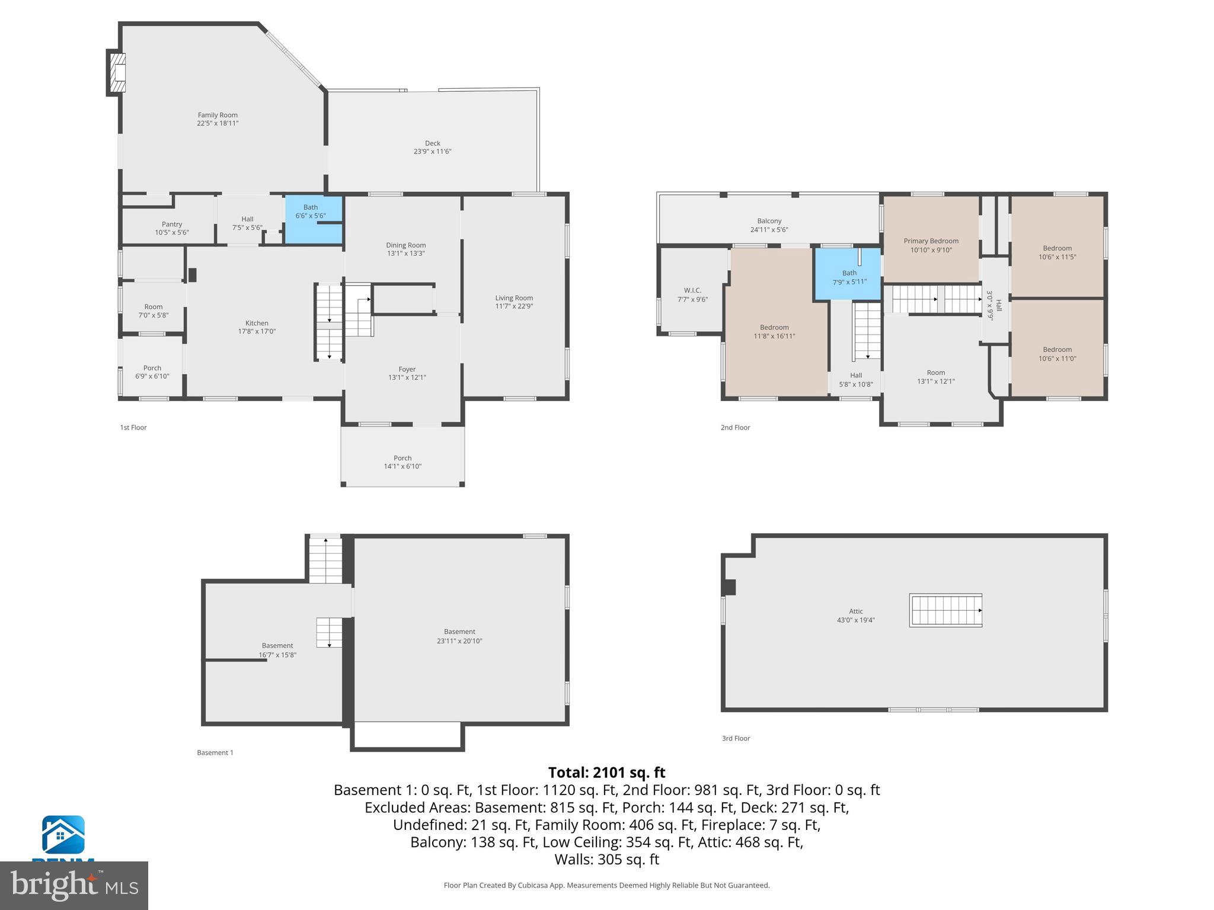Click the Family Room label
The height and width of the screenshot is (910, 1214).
click(218, 116)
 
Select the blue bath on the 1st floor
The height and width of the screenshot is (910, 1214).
click(314, 219)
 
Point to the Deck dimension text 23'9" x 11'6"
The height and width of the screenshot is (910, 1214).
click(432, 152)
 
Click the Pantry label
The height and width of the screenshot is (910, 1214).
click(172, 224)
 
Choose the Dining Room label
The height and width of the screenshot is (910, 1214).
click(405, 245)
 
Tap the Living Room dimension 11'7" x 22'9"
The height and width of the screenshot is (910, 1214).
click(514, 306)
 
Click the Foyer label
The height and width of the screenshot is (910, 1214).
click(407, 369)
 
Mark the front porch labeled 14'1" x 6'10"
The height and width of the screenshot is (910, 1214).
click(402, 462)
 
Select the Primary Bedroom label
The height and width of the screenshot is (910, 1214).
click(931, 241)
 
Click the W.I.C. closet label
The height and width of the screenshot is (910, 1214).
click(692, 290)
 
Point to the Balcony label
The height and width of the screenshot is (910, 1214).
click(769, 221)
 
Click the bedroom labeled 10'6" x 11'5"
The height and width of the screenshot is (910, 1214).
click(1057, 252)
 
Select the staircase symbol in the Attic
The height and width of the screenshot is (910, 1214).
click(945, 610)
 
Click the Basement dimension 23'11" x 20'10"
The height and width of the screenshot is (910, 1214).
click(459, 641)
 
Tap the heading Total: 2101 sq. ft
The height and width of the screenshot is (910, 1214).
click(606, 773)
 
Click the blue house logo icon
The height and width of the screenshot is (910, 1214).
click(63, 835)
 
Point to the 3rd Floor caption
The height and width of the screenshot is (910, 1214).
click(736, 738)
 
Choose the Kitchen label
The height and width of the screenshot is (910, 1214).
click(257, 323)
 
